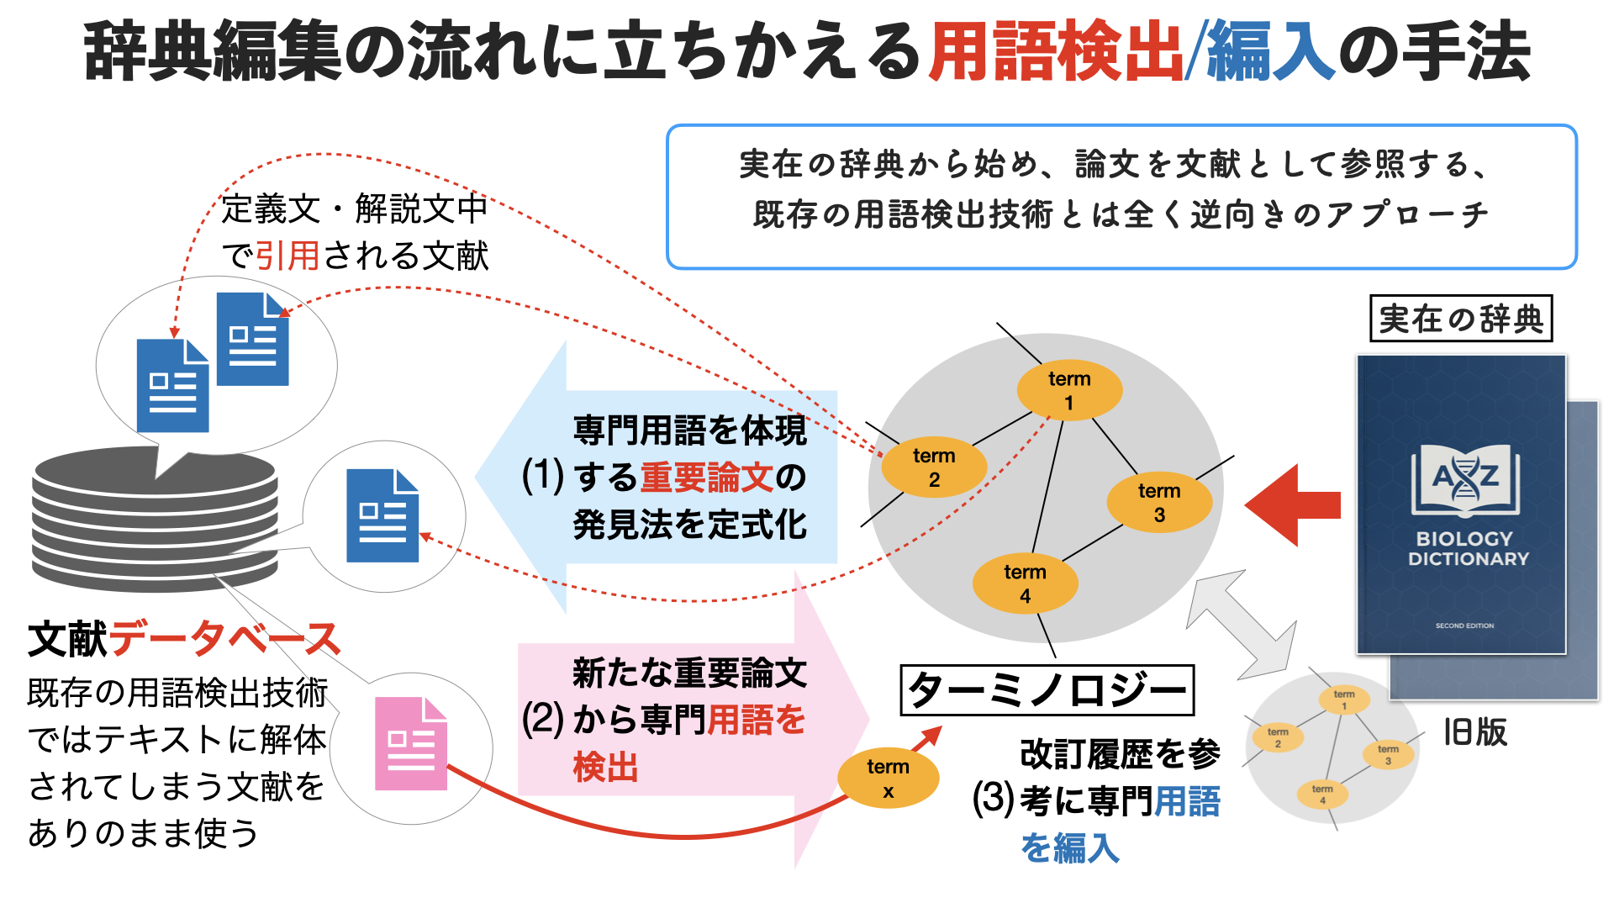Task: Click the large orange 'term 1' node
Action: tap(1069, 390)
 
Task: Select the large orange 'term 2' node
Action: tap(934, 467)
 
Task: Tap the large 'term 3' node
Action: tap(1159, 503)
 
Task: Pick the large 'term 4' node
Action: tap(1025, 583)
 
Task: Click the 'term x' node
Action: tap(888, 779)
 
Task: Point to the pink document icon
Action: tap(410, 744)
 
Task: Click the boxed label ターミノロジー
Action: tap(1047, 690)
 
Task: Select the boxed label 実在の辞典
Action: tap(1461, 319)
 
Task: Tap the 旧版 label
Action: tap(1474, 732)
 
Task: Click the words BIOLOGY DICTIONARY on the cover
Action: tap(1468, 549)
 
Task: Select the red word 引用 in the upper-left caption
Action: tap(287, 256)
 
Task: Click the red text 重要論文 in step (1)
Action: tap(706, 478)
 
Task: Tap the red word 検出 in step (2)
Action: tap(605, 768)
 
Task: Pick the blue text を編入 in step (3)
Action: tap(1070, 847)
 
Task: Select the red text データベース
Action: tap(224, 639)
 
